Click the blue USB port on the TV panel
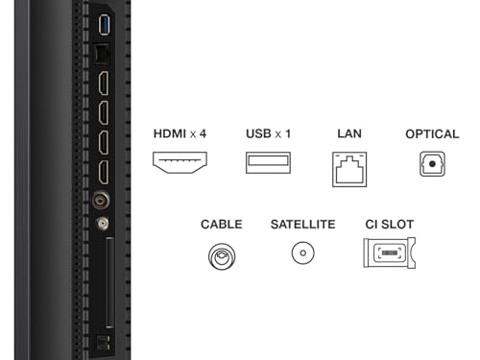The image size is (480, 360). [x=105, y=25]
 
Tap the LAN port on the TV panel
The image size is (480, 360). [x=102, y=54]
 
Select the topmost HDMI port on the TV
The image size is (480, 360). [x=104, y=84]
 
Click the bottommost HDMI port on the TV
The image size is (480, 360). [x=104, y=173]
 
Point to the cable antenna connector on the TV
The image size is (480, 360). [x=101, y=201]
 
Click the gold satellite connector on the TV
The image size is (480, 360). [x=103, y=224]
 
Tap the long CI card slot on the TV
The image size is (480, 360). [x=109, y=283]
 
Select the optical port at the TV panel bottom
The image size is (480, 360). [x=103, y=343]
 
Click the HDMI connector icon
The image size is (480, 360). [x=180, y=162]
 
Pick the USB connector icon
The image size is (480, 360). [x=268, y=162]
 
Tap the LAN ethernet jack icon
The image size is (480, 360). [x=349, y=169]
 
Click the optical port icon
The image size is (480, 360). [x=432, y=164]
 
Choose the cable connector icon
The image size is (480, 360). [x=222, y=256]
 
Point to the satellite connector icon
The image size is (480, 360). [x=302, y=252]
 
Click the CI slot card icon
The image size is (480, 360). [x=390, y=252]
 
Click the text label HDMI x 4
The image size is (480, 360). [x=180, y=133]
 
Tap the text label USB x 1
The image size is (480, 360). [x=269, y=133]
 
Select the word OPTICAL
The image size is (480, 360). [x=432, y=134]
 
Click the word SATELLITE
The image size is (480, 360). [x=303, y=225]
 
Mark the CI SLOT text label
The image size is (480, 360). [x=390, y=225]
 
